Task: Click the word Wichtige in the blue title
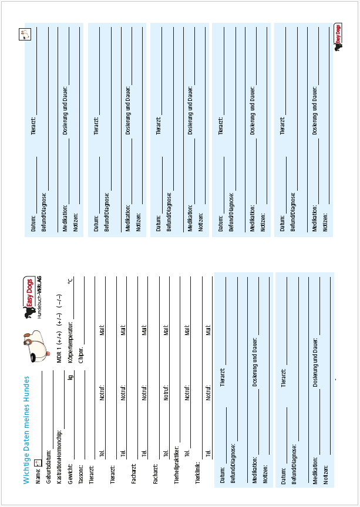tap(26, 469)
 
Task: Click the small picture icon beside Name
tap(38, 464)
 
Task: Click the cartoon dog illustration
tap(35, 344)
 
